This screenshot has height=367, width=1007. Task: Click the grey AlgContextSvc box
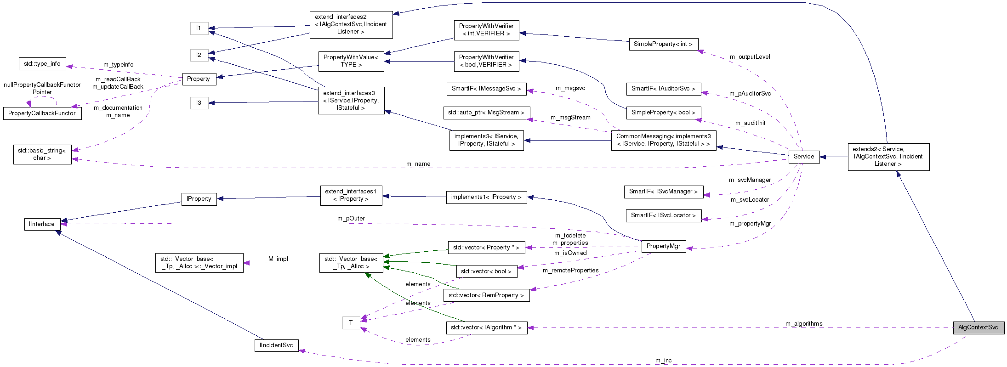coord(978,327)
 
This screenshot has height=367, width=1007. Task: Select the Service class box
coord(803,157)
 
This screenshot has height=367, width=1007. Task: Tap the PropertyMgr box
coord(663,246)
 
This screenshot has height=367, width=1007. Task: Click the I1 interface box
coord(199,28)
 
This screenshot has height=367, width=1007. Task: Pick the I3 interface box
coord(199,103)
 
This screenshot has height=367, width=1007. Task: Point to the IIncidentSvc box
coord(276,345)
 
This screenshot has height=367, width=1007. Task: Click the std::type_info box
coord(42,64)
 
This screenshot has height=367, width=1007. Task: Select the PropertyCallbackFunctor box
coord(42,113)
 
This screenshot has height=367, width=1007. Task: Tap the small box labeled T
coord(351,323)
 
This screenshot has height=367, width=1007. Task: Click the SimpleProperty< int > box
coord(663,44)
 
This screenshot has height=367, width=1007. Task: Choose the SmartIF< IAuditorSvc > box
coord(663,89)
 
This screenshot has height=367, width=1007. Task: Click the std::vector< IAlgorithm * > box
coord(486,327)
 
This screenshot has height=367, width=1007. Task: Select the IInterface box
coord(42,224)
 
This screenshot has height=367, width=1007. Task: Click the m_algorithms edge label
coord(804,324)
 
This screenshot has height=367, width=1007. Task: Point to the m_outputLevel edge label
coord(750,57)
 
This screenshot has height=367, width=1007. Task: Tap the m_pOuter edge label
coord(351,219)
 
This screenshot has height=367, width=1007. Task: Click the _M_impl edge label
coord(277,259)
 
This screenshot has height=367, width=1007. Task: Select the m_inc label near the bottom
coord(663,361)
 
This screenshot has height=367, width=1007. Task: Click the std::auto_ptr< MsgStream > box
coord(486,113)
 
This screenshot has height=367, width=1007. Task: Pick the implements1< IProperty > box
coord(486,197)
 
